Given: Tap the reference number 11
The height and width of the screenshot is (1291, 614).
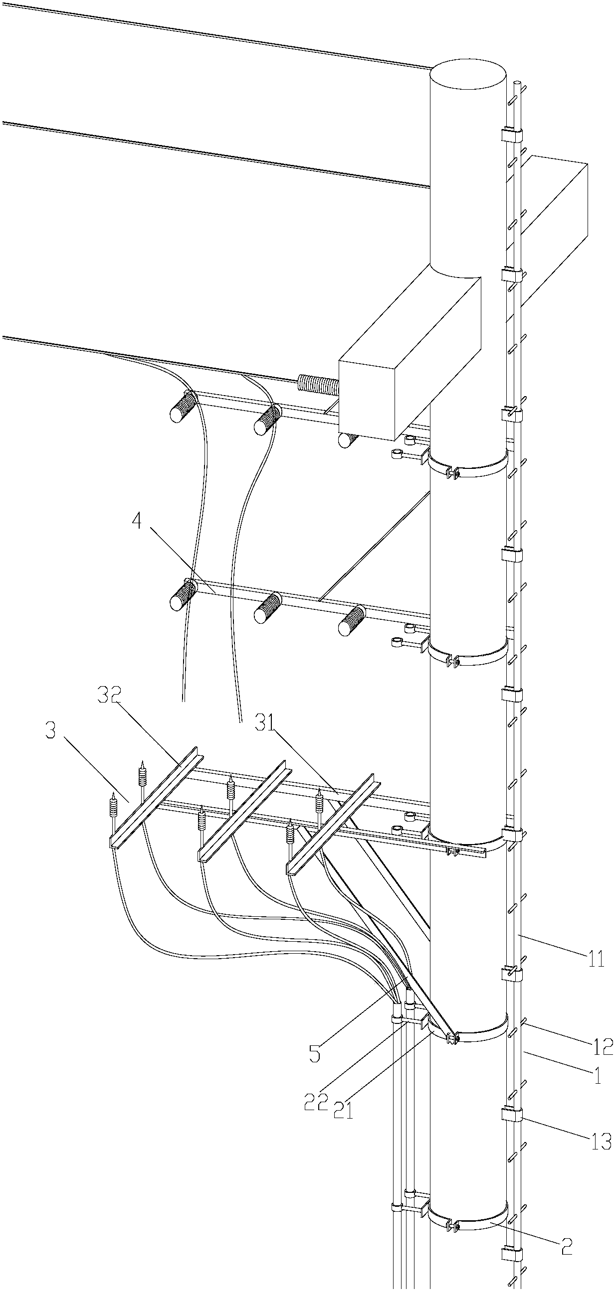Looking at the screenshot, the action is (596, 960).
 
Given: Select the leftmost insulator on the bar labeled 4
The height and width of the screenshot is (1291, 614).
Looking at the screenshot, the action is (183, 594).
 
